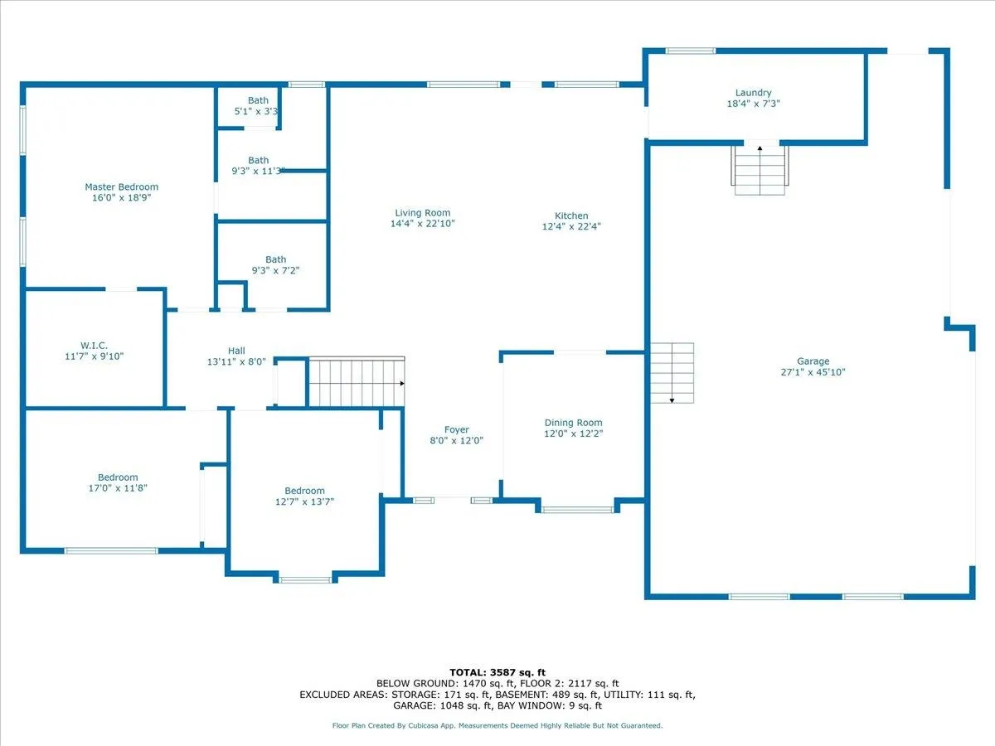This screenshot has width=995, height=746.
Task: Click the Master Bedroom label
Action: (x=121, y=187)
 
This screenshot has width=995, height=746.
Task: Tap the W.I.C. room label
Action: (x=93, y=345)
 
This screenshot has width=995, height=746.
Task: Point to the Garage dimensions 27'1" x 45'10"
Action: (x=813, y=372)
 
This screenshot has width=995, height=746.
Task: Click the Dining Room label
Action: (x=573, y=423)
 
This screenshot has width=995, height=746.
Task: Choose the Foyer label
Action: (x=456, y=429)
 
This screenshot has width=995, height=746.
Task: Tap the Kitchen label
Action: (x=571, y=216)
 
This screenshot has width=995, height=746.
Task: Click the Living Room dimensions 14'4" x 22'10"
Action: (x=422, y=224)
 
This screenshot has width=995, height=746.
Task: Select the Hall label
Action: (x=236, y=351)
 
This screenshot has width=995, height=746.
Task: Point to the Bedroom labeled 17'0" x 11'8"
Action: (x=118, y=477)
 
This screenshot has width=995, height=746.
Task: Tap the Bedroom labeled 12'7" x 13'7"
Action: (x=304, y=491)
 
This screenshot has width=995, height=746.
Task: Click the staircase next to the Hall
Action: (x=356, y=382)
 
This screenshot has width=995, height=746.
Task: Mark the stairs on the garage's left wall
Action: (x=672, y=373)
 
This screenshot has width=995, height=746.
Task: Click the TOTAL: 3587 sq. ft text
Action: (x=498, y=672)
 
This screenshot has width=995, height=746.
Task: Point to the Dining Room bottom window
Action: (x=577, y=510)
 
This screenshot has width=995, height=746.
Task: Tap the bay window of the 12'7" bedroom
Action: (x=305, y=579)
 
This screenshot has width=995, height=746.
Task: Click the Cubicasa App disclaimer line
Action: (x=498, y=725)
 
